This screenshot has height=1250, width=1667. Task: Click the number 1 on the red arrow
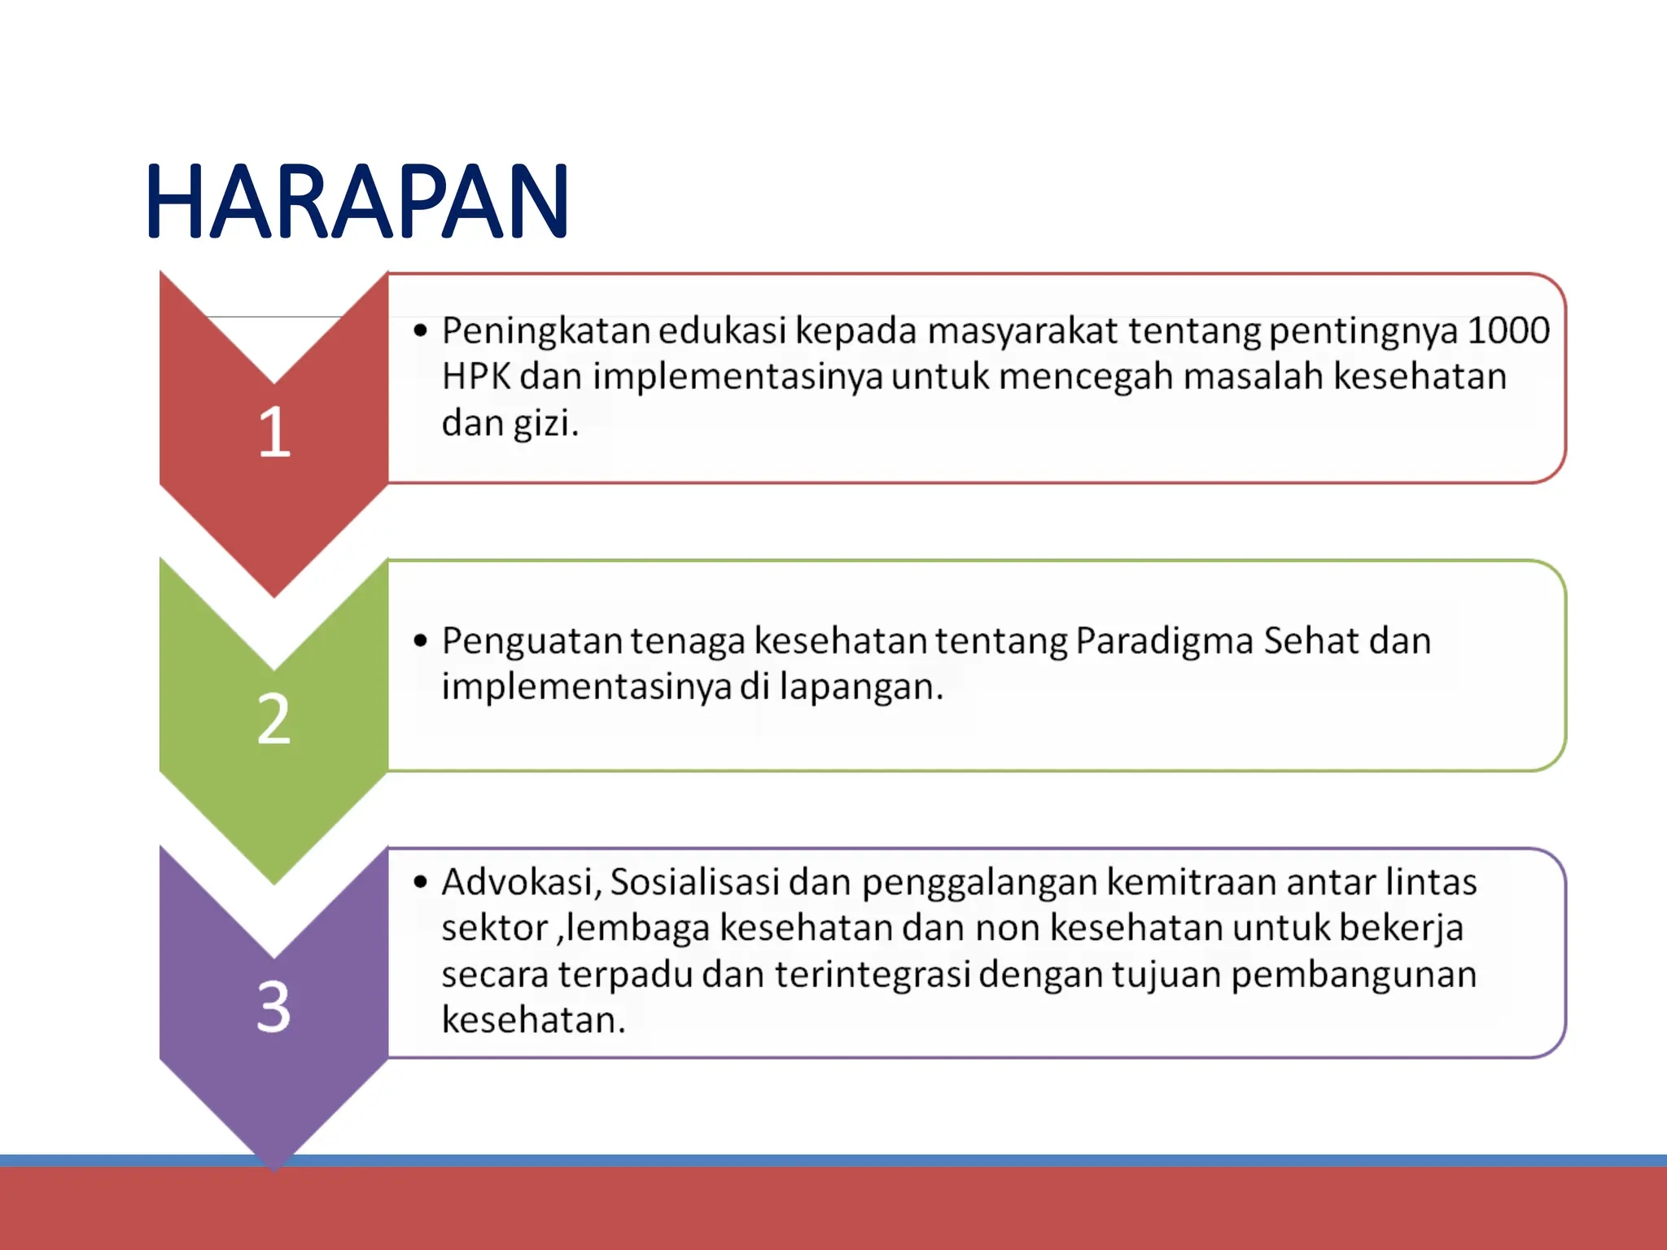click(274, 432)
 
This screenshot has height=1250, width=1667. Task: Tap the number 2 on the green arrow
click(273, 719)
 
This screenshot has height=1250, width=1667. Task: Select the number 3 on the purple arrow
click(273, 1007)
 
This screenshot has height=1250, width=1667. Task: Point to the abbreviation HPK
click(476, 377)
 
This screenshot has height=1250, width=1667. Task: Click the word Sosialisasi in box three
click(695, 882)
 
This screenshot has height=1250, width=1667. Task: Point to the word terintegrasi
click(873, 975)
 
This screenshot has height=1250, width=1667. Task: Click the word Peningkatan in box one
click(545, 331)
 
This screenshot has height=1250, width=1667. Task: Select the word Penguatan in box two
click(532, 641)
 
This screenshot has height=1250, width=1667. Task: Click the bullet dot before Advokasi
click(420, 882)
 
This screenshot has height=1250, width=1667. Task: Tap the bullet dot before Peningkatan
click(420, 330)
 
